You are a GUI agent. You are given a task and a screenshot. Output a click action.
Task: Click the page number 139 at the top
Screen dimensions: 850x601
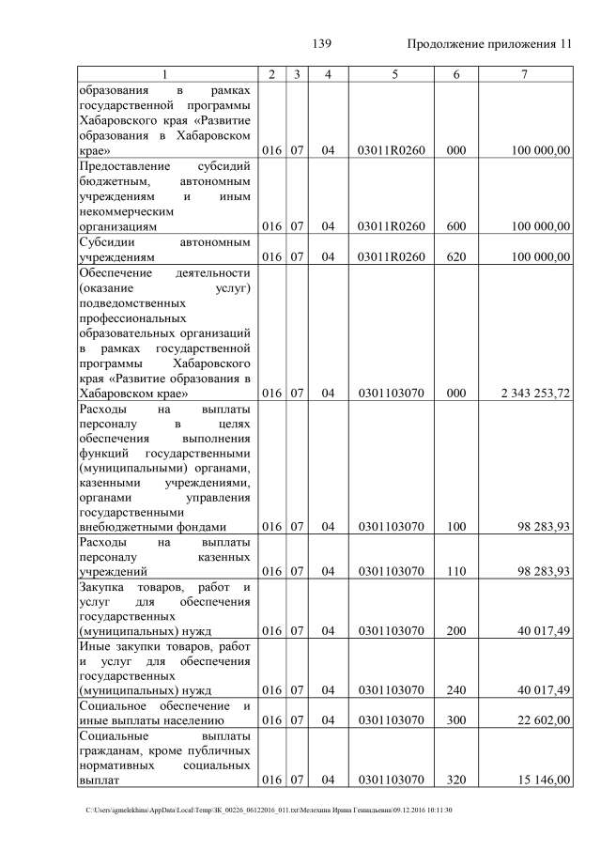[323, 44]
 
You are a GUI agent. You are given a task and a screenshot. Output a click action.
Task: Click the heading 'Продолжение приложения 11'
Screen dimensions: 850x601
[489, 44]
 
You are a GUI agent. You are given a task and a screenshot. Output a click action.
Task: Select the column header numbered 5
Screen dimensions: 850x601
[392, 74]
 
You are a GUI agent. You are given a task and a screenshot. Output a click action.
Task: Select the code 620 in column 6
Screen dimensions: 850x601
[456, 255]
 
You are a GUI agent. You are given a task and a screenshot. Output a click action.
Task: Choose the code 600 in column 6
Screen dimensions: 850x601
[456, 225]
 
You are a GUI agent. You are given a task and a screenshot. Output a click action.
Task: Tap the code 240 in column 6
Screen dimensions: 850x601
[456, 690]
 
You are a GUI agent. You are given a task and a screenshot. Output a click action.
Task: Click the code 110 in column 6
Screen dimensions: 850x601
[456, 570]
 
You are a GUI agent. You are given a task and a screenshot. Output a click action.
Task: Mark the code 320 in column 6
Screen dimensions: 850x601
[456, 780]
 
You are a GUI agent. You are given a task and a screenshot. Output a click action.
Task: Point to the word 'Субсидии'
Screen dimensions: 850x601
[107, 241]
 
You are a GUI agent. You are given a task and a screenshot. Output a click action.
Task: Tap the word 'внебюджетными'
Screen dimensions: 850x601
[124, 527]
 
